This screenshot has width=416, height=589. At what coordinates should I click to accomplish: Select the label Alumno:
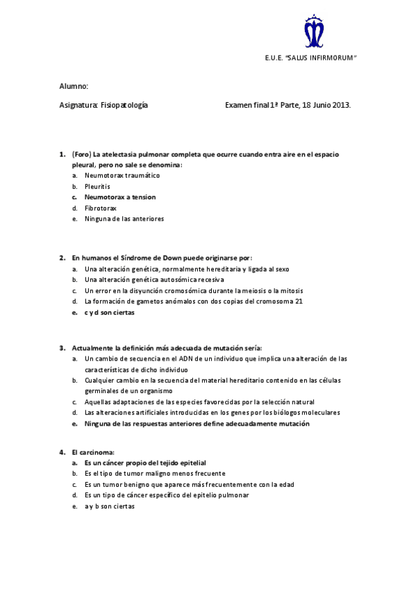pos(74,86)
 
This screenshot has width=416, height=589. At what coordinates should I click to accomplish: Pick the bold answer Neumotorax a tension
pos(120,197)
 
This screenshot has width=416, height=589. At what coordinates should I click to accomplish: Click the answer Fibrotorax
pos(101,208)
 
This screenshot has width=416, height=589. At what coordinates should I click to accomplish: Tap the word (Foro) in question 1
pos(81,154)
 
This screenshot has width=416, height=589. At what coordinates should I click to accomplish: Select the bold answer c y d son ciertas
pos(110,313)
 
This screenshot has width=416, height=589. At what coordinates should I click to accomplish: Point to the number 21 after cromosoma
pos(299,301)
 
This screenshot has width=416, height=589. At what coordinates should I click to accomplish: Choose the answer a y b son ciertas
pos(110,506)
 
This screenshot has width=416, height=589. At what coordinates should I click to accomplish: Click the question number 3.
pos(62,347)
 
